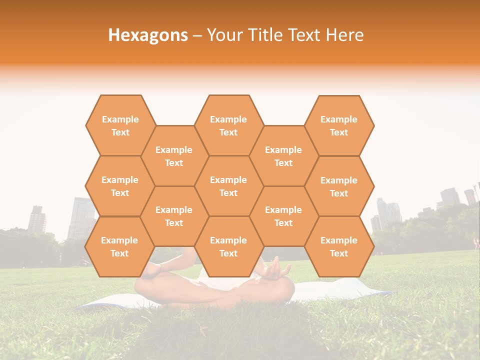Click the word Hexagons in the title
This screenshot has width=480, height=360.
tap(148, 35)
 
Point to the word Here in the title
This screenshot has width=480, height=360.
tap(344, 35)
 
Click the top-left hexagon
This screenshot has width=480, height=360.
tap(120, 125)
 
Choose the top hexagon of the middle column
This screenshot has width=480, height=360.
tap(228, 125)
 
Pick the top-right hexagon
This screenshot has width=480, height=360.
tap(339, 125)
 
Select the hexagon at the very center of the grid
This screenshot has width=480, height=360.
tap(228, 186)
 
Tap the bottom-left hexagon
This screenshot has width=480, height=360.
tap(119, 246)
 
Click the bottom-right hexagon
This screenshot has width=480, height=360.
tap(339, 246)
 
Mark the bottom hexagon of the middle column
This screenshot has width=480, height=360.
tap(228, 246)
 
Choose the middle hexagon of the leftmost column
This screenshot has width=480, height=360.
tap(120, 186)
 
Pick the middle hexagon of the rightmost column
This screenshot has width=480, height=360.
tap(339, 186)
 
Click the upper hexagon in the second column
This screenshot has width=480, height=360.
tap(174, 156)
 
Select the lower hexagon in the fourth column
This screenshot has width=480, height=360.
tap(283, 216)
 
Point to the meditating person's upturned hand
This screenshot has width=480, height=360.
tap(275, 270)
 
